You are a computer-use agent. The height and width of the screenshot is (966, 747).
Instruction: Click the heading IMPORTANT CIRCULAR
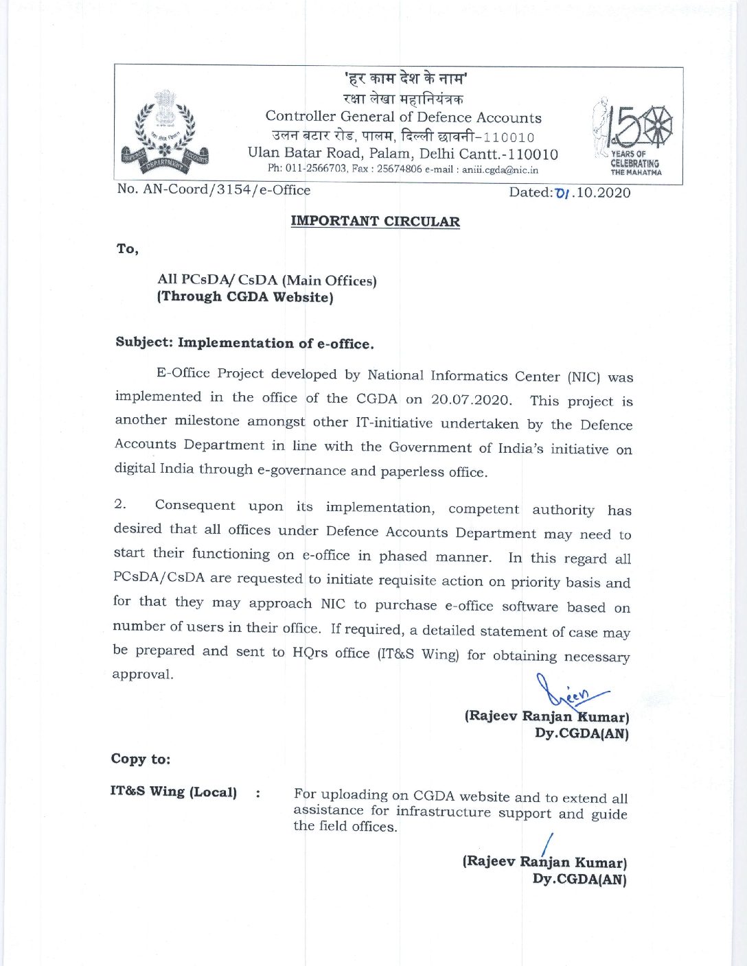coord(375,221)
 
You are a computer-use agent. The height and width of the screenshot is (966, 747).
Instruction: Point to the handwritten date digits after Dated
coord(564,192)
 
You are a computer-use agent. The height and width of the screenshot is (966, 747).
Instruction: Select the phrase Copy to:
coord(141,759)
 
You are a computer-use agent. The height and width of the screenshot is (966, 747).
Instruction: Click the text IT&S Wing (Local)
coord(173,792)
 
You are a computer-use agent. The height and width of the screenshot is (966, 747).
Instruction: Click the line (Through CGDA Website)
coord(245,297)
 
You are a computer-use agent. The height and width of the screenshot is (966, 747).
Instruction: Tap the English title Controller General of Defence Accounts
coord(403,117)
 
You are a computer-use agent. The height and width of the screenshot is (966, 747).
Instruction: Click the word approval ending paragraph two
coord(142,674)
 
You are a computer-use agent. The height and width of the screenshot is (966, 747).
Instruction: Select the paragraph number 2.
coord(119,504)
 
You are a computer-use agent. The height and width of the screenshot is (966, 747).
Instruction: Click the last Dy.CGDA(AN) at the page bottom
coord(579,879)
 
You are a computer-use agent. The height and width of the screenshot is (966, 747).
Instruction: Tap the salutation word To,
coord(127,248)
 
